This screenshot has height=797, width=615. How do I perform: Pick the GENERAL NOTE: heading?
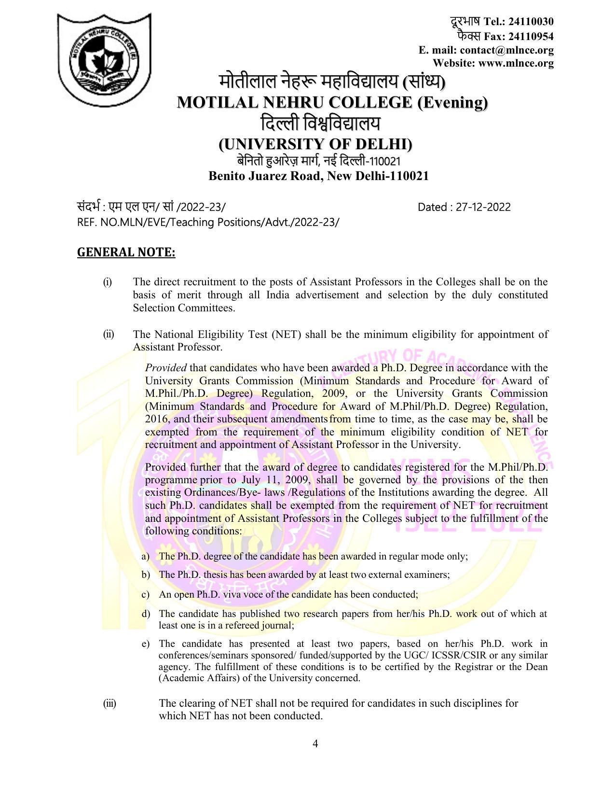tap(126, 252)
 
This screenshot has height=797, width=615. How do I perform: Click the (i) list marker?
tap(107, 282)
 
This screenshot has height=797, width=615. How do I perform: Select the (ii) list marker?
tap(108, 335)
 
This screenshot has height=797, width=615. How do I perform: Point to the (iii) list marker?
tap(109, 703)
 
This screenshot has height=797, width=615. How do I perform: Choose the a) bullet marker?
tap(145, 557)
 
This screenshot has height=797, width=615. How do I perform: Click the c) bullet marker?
tap(145, 595)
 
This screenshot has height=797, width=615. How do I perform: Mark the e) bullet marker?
tap(145, 644)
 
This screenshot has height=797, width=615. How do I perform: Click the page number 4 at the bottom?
tap(315, 743)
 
